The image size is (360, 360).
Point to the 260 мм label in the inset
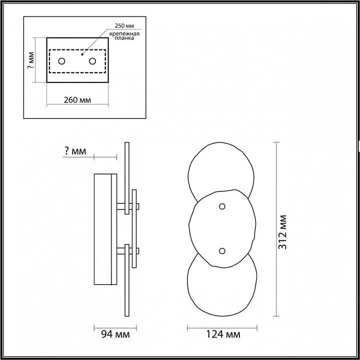point(77,99)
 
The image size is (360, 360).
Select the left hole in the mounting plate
point(62,61)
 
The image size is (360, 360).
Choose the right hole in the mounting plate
point(92,61)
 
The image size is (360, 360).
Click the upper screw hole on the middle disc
point(222,206)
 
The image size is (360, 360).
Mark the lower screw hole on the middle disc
point(222,251)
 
